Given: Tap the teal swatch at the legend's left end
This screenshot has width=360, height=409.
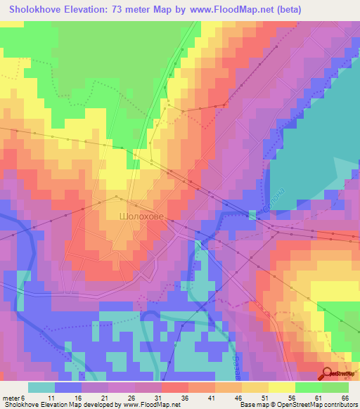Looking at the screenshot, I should tap(41, 387).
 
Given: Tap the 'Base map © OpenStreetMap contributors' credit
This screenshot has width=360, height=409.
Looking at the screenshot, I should tap(297, 405).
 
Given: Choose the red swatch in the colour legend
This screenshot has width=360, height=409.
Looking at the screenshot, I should tap(175, 387).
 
